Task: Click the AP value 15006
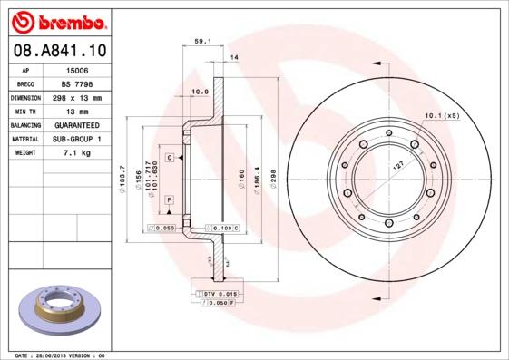click(77, 68)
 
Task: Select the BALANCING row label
click(25, 125)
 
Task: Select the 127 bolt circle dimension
click(396, 170)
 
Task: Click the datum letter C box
click(170, 158)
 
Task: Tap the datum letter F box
click(170, 199)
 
